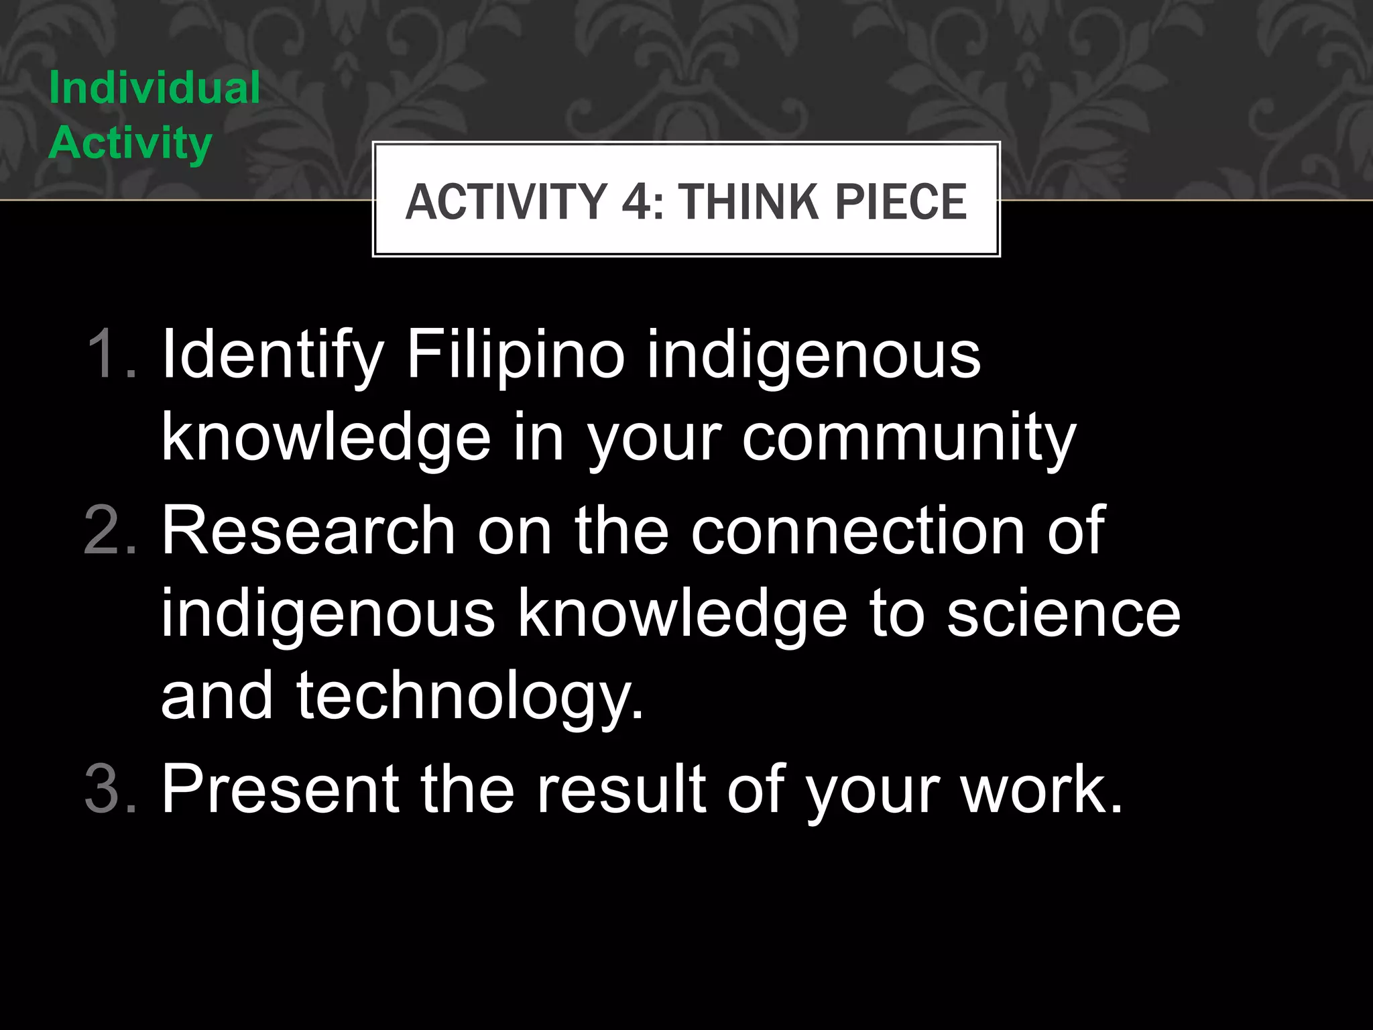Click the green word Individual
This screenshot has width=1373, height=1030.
[x=154, y=88]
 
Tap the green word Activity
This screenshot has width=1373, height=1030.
[x=131, y=144]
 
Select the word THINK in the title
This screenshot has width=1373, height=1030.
[x=748, y=201]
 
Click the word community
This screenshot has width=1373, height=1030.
[x=908, y=439]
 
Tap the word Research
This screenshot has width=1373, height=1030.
[x=309, y=531]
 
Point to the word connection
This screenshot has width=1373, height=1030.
[x=858, y=531]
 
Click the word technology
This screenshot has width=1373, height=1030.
[x=469, y=697]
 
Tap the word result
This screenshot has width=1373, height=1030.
[x=621, y=789]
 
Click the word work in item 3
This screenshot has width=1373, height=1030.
[x=1042, y=789]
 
